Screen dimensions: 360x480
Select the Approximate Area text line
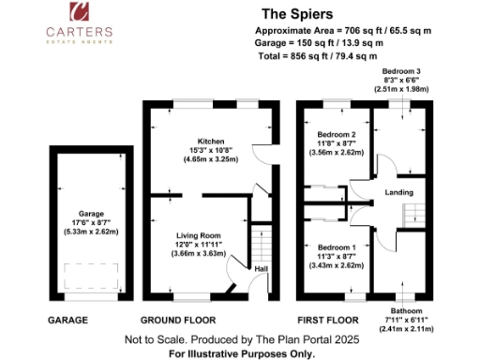[x=343, y=30]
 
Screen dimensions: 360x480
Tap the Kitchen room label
[x=198, y=142]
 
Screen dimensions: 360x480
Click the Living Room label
[x=198, y=235]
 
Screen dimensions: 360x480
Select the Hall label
[x=260, y=270]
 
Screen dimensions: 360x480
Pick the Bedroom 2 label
[x=336, y=133]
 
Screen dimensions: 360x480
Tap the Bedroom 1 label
[x=336, y=247]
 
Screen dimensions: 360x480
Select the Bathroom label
[x=407, y=311]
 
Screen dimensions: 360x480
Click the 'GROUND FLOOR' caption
[x=186, y=320]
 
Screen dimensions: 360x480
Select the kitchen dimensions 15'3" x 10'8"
[x=198, y=151]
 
